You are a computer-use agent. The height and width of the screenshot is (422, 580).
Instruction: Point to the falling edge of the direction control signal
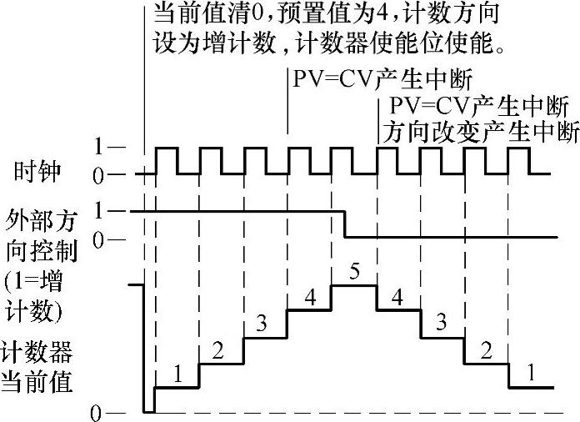point(346,224)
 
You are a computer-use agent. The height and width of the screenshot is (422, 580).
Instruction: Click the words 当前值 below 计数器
point(37,382)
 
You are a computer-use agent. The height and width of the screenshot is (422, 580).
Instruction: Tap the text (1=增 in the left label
point(38,281)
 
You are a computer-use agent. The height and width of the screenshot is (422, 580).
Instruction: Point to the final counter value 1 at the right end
point(531,375)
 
